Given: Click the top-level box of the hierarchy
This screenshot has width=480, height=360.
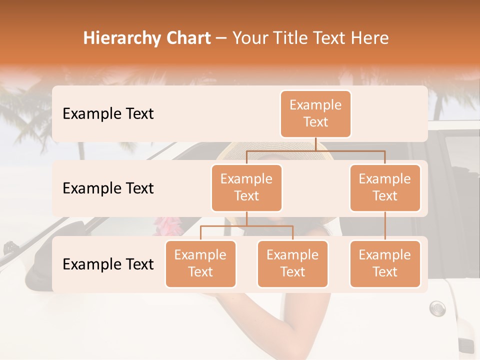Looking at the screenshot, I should [x=315, y=113].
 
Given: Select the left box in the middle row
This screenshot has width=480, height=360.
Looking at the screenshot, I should [x=246, y=187].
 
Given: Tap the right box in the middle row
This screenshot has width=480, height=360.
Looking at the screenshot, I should [x=385, y=187].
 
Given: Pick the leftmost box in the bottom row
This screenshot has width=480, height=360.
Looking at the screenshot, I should [x=200, y=263].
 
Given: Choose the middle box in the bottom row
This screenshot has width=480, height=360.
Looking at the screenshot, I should [x=292, y=263].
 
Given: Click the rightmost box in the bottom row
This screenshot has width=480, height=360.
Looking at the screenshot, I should [x=385, y=263].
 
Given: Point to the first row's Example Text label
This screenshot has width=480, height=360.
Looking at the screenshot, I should [x=108, y=113].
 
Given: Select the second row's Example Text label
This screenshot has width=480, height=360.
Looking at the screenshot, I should [x=108, y=188].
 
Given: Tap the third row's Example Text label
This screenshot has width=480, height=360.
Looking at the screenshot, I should [x=108, y=264].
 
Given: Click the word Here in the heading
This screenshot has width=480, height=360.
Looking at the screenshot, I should [x=369, y=38].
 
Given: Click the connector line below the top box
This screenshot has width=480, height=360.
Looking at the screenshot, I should [x=315, y=144].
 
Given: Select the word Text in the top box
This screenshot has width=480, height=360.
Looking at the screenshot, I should [x=315, y=122].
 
